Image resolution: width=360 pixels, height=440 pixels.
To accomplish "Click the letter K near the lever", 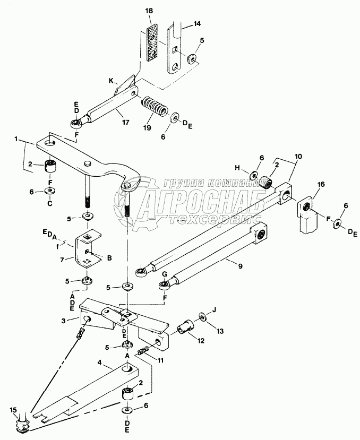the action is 111,81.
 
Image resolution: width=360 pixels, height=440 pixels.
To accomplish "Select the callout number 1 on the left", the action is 18,139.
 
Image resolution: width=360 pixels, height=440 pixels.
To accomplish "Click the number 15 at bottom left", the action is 14,410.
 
